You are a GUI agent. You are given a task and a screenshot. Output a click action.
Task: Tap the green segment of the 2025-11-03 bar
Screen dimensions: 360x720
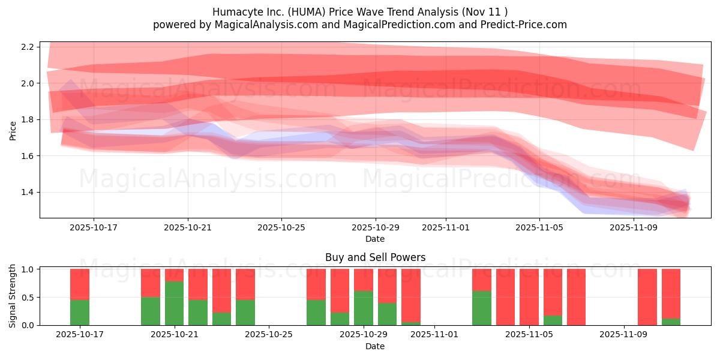point(482,308)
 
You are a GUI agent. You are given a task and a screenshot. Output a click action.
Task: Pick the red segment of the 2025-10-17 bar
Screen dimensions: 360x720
point(80,284)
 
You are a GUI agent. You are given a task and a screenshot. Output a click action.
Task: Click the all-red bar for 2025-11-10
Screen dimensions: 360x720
point(647,297)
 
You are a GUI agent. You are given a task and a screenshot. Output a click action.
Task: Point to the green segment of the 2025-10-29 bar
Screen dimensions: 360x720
point(364,308)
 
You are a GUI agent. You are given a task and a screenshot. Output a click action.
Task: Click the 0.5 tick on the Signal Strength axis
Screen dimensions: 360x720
point(31,298)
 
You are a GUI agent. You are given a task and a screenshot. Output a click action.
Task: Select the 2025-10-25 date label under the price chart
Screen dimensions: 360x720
point(281,227)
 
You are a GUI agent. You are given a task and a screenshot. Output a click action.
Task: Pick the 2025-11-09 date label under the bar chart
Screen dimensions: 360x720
point(625,335)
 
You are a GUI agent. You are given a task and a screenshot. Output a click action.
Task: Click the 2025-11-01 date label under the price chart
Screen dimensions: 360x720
point(445,227)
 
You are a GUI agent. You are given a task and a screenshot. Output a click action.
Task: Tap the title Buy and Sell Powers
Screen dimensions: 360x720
point(375,257)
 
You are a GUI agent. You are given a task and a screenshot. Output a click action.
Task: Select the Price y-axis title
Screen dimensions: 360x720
point(13,130)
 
